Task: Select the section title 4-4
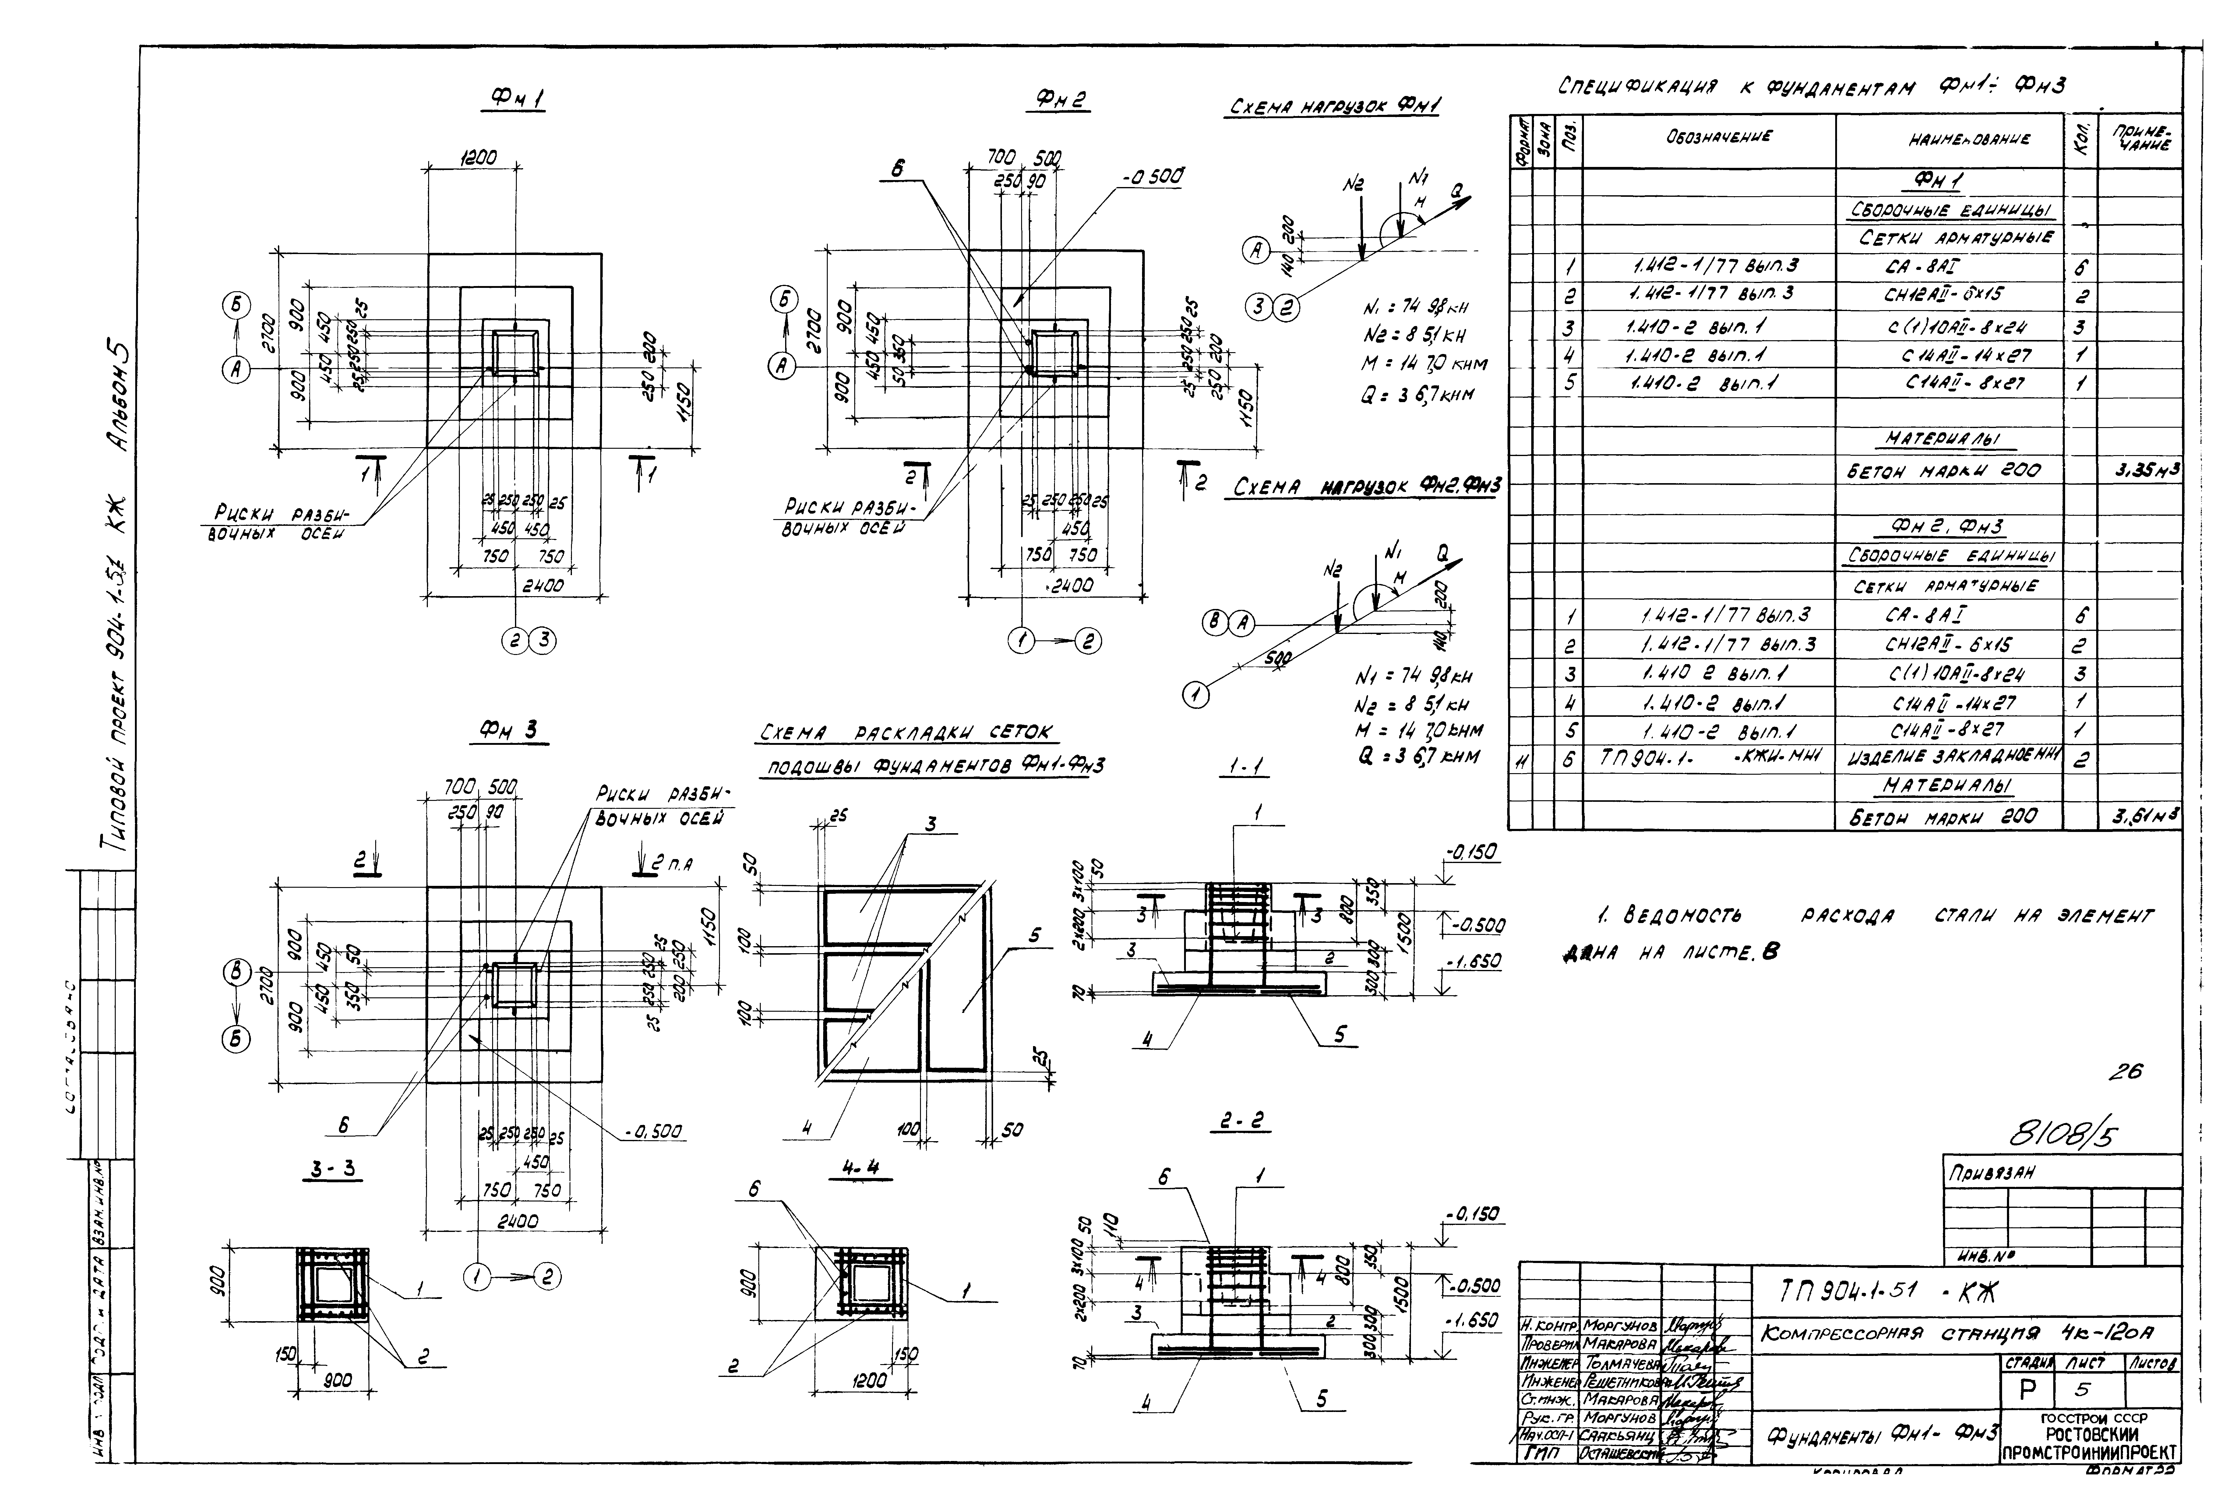click(854, 1169)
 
